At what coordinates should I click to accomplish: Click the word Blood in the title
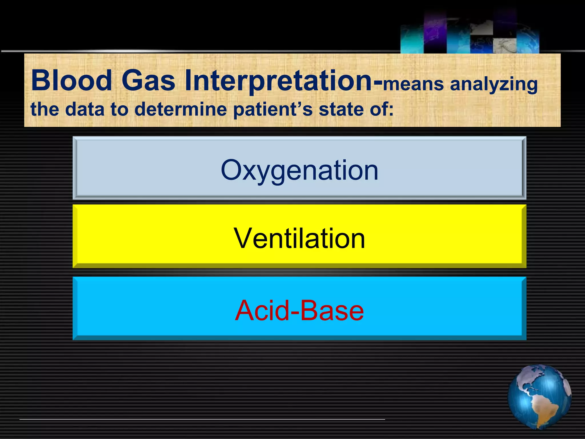tap(71, 81)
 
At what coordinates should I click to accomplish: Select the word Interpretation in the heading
tap(279, 81)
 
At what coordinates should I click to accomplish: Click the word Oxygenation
tap(299, 170)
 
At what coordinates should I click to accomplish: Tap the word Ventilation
tap(299, 238)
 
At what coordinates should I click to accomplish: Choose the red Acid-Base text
tap(299, 310)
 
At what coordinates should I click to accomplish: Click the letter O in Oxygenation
tap(233, 170)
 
